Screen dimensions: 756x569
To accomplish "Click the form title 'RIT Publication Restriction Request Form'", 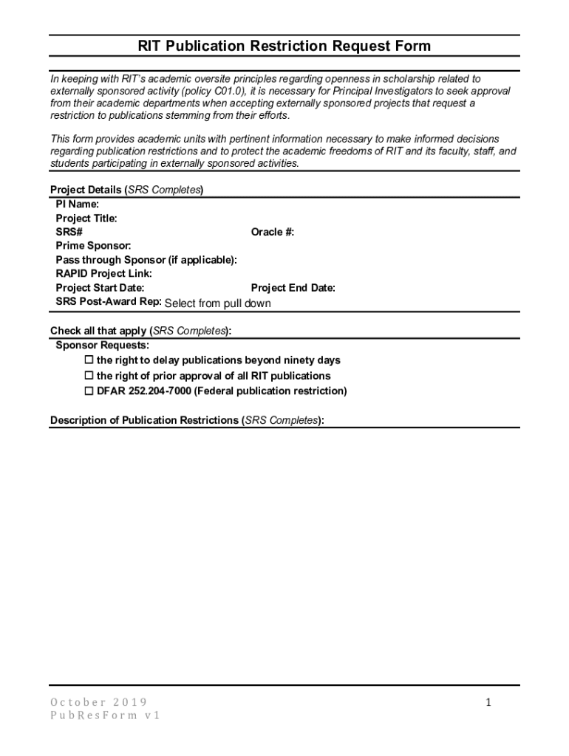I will coord(284,47).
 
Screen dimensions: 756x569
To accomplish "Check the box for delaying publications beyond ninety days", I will coord(89,360).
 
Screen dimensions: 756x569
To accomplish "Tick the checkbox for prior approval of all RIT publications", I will coord(89,376).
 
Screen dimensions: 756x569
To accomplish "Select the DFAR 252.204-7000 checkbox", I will coord(89,391).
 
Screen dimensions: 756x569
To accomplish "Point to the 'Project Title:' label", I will coord(86,218).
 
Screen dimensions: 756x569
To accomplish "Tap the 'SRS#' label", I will coord(69,232).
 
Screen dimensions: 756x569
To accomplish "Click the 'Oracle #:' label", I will coord(273,232).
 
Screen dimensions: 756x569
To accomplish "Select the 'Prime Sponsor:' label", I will coord(94,246).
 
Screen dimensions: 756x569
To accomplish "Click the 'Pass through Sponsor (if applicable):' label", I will coord(146,260).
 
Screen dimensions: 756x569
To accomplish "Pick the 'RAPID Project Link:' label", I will coord(104,274).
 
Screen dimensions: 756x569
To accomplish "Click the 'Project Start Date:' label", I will coord(100,288).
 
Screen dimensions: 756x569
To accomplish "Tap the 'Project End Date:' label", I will coord(293,288).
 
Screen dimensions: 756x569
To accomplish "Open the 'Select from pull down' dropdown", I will coord(217,303).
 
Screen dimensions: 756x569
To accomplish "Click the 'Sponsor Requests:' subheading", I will coord(102,345).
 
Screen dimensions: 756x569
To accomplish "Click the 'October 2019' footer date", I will coord(98,702).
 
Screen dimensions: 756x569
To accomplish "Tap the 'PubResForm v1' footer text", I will coord(105,716).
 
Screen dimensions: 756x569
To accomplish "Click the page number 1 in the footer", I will coord(488,703).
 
